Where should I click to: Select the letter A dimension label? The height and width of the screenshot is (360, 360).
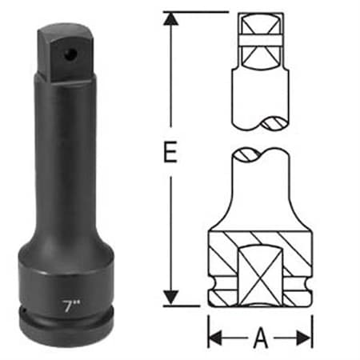click(x=260, y=339)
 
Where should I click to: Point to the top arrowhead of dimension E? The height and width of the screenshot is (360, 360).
click(x=169, y=18)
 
